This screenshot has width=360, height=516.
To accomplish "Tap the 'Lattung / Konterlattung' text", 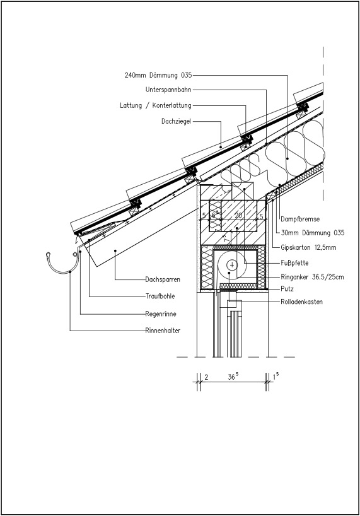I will pyautogui.click(x=156, y=105).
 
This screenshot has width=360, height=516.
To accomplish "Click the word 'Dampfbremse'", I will pyautogui.click(x=300, y=219).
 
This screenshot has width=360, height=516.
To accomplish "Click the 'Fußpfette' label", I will pyautogui.click(x=294, y=262).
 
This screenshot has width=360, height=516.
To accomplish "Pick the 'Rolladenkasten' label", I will pyautogui.click(x=301, y=302).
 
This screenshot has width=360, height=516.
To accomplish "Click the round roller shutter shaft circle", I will pyautogui.click(x=233, y=266).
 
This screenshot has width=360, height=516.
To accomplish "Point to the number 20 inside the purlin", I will pyautogui.click(x=238, y=215).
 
